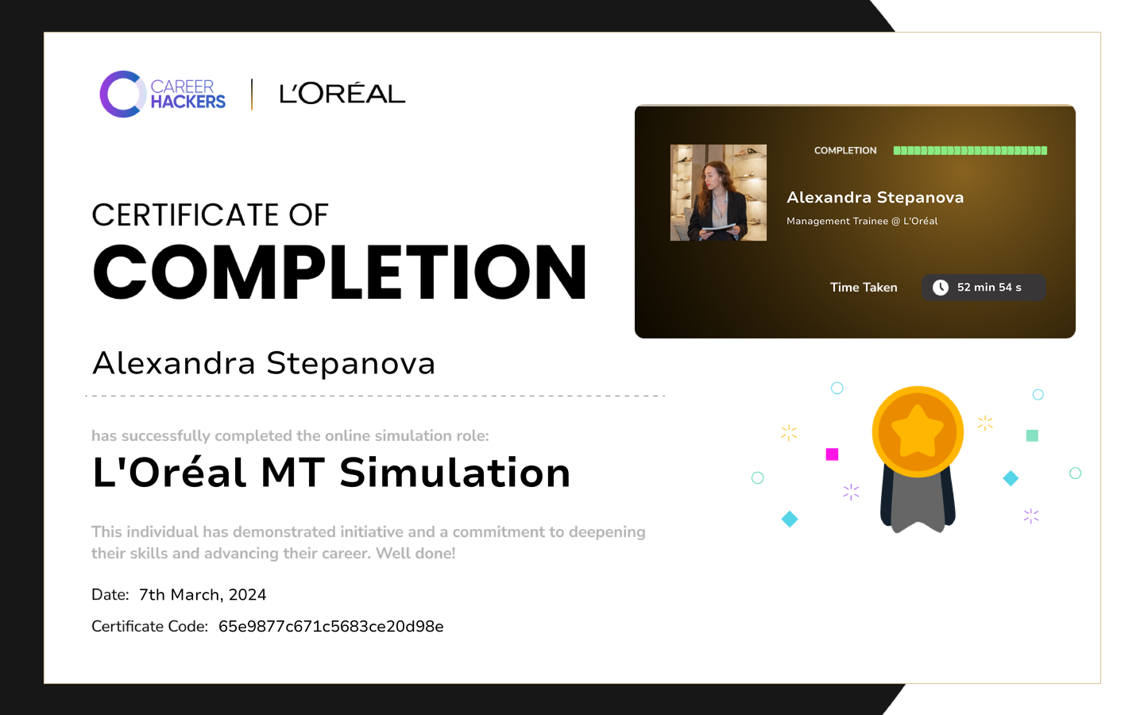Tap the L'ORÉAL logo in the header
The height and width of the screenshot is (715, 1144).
pos(342,94)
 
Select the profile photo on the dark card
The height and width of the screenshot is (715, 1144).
pos(718,192)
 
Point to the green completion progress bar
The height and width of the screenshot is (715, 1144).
pos(970,151)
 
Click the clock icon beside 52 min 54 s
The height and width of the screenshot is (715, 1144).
pos(941,288)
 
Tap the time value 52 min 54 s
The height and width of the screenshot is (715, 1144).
pos(989,288)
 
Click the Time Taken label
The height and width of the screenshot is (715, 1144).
pos(864,288)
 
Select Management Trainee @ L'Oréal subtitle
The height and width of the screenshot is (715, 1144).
pos(862,221)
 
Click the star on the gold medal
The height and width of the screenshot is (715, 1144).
pos(918,431)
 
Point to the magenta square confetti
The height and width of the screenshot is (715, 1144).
pos(832,454)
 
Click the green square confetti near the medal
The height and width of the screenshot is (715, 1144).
pos(1032,435)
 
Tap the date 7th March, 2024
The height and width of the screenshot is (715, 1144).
pos(203,595)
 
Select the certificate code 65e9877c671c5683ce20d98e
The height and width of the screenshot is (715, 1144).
pos(331,627)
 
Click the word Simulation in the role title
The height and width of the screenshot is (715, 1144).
pos(454,473)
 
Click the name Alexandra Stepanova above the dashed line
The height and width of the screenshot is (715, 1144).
pos(264,364)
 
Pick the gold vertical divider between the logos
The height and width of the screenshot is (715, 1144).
pos(252,95)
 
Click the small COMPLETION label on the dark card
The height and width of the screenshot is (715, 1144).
pos(845,151)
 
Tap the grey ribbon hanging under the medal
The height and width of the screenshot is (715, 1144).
pos(918,503)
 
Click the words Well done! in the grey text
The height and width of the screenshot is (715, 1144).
pos(415,554)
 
